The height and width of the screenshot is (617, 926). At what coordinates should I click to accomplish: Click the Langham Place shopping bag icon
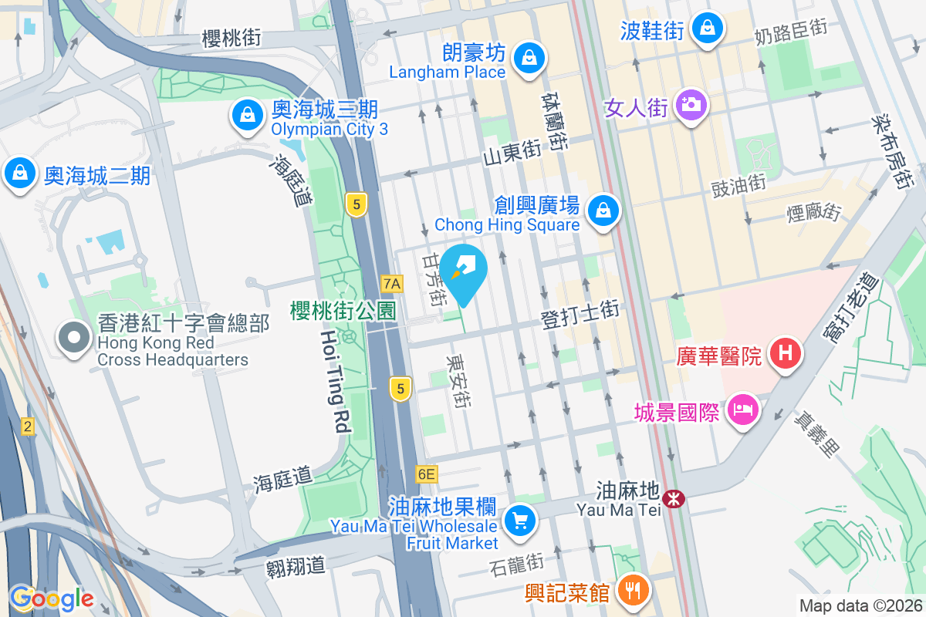530,57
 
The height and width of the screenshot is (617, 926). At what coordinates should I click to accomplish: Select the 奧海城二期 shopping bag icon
19,173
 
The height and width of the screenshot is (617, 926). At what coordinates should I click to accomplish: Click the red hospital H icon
785,354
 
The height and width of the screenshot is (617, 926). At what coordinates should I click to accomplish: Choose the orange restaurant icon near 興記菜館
634,591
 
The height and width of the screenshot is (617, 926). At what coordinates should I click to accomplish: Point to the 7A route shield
392,284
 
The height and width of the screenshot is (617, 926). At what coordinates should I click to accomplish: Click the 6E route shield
426,474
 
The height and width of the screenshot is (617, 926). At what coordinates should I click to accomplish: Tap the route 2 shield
28,426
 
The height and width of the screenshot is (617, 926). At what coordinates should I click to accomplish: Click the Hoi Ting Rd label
336,380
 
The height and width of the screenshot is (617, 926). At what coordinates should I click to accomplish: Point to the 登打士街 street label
580,311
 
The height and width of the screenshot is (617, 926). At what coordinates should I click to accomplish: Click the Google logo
51,598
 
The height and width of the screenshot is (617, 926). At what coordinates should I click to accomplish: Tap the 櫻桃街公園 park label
343,311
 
